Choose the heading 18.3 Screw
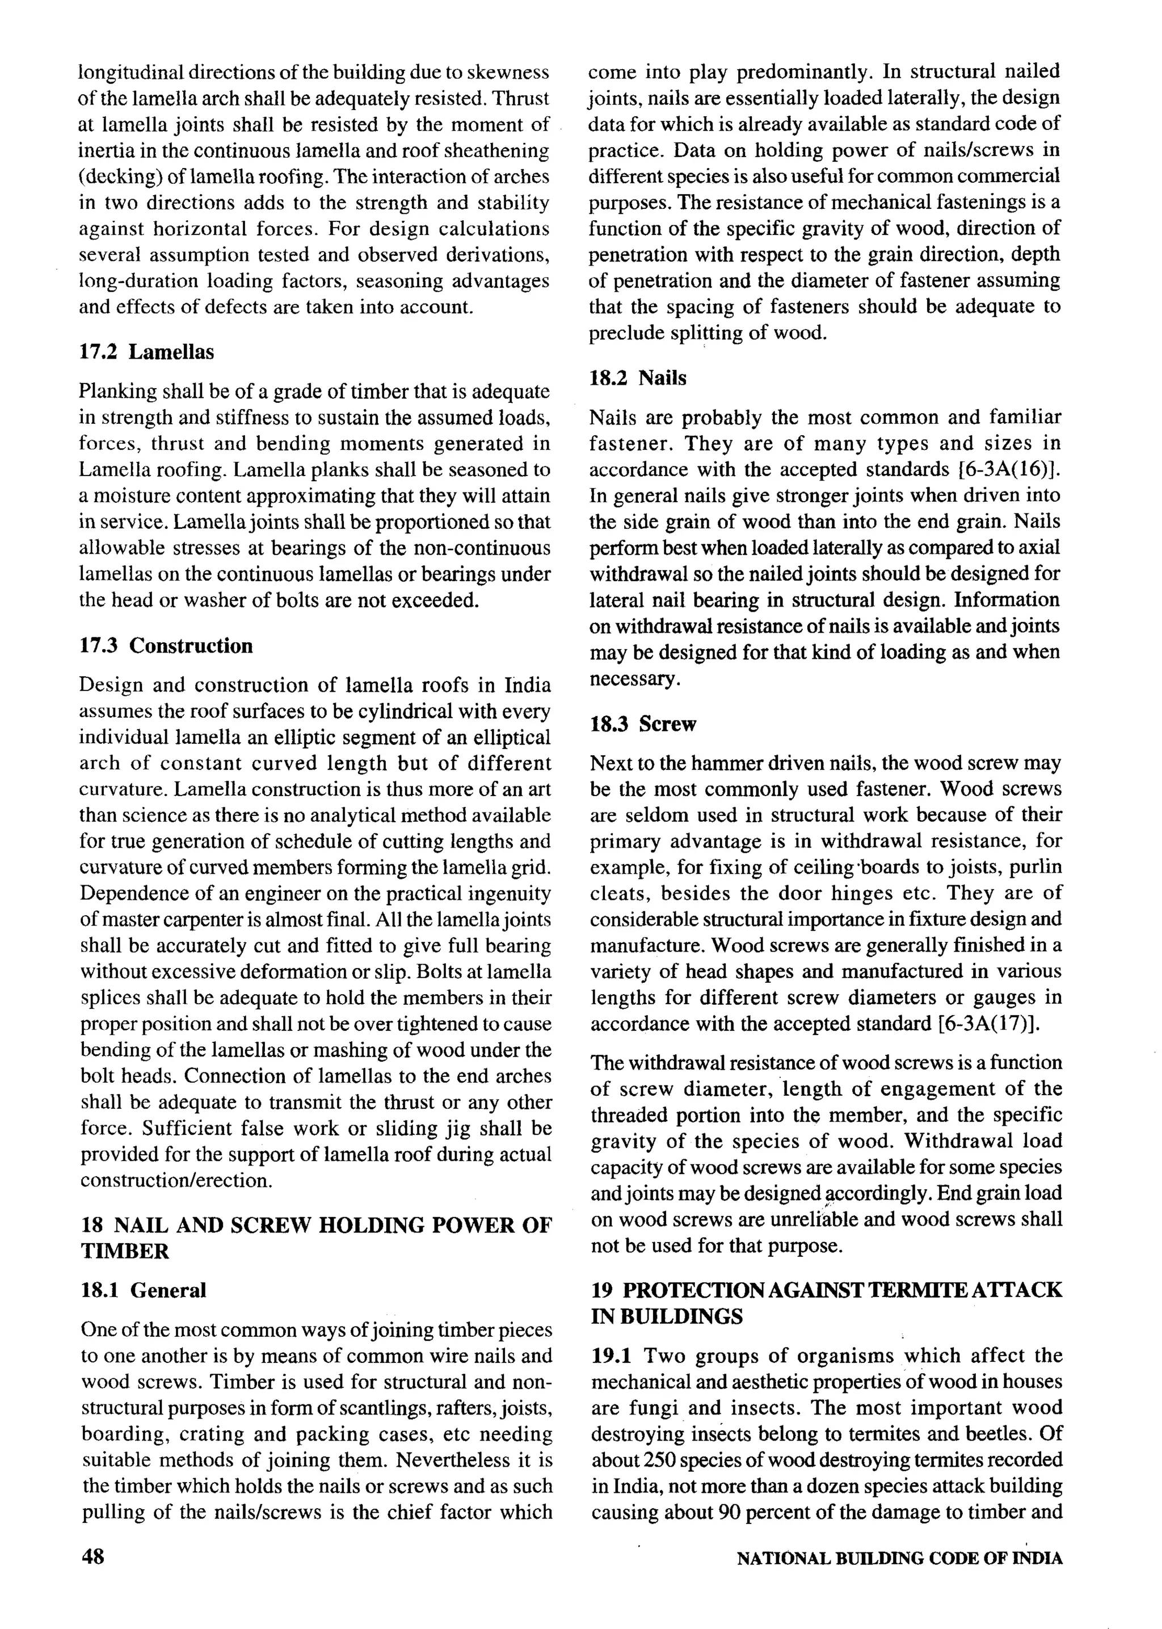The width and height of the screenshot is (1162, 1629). click(x=642, y=724)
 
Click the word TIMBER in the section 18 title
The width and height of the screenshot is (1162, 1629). click(x=124, y=1251)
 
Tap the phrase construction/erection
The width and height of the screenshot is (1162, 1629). click(x=176, y=1180)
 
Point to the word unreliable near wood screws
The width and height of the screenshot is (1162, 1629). click(x=813, y=1219)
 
